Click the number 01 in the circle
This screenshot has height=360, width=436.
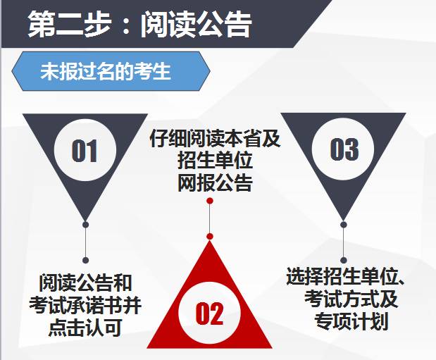point(85,151)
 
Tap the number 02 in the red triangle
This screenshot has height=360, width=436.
point(209,314)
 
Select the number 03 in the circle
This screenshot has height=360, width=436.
point(344,149)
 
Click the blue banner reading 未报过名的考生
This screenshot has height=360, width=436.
point(111,71)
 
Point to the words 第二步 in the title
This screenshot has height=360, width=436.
point(70,24)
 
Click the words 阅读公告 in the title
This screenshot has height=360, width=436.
point(196,25)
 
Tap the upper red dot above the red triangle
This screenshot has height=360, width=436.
point(210,201)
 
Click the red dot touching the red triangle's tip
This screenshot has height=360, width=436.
point(210,237)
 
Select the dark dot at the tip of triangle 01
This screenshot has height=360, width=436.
point(86,225)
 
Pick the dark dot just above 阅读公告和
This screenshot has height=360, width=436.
point(86,261)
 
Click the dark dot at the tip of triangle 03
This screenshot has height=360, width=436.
point(344,225)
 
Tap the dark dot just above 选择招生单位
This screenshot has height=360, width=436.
point(344,261)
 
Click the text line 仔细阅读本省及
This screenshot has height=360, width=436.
point(215,138)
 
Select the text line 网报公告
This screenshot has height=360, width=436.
point(215,182)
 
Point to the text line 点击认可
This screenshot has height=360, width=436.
point(85,328)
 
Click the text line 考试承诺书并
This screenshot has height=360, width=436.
point(85,306)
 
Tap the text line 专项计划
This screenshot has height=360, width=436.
point(351,321)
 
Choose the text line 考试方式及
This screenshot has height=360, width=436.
point(351,299)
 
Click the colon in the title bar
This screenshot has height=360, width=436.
point(126,25)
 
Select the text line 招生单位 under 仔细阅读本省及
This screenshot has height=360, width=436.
point(215,161)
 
